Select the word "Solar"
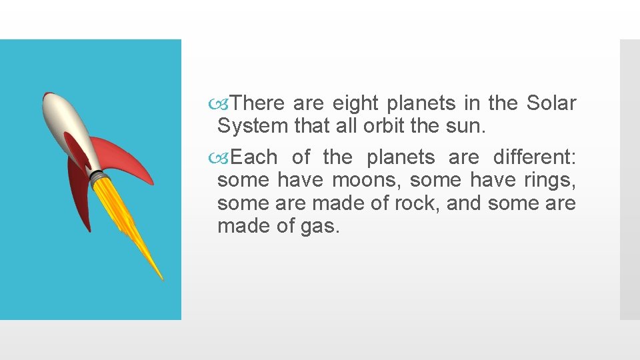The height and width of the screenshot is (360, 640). [551, 103]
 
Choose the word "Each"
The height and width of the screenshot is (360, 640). [254, 157]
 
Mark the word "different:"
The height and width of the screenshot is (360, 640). [534, 157]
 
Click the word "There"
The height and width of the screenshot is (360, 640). [259, 103]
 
